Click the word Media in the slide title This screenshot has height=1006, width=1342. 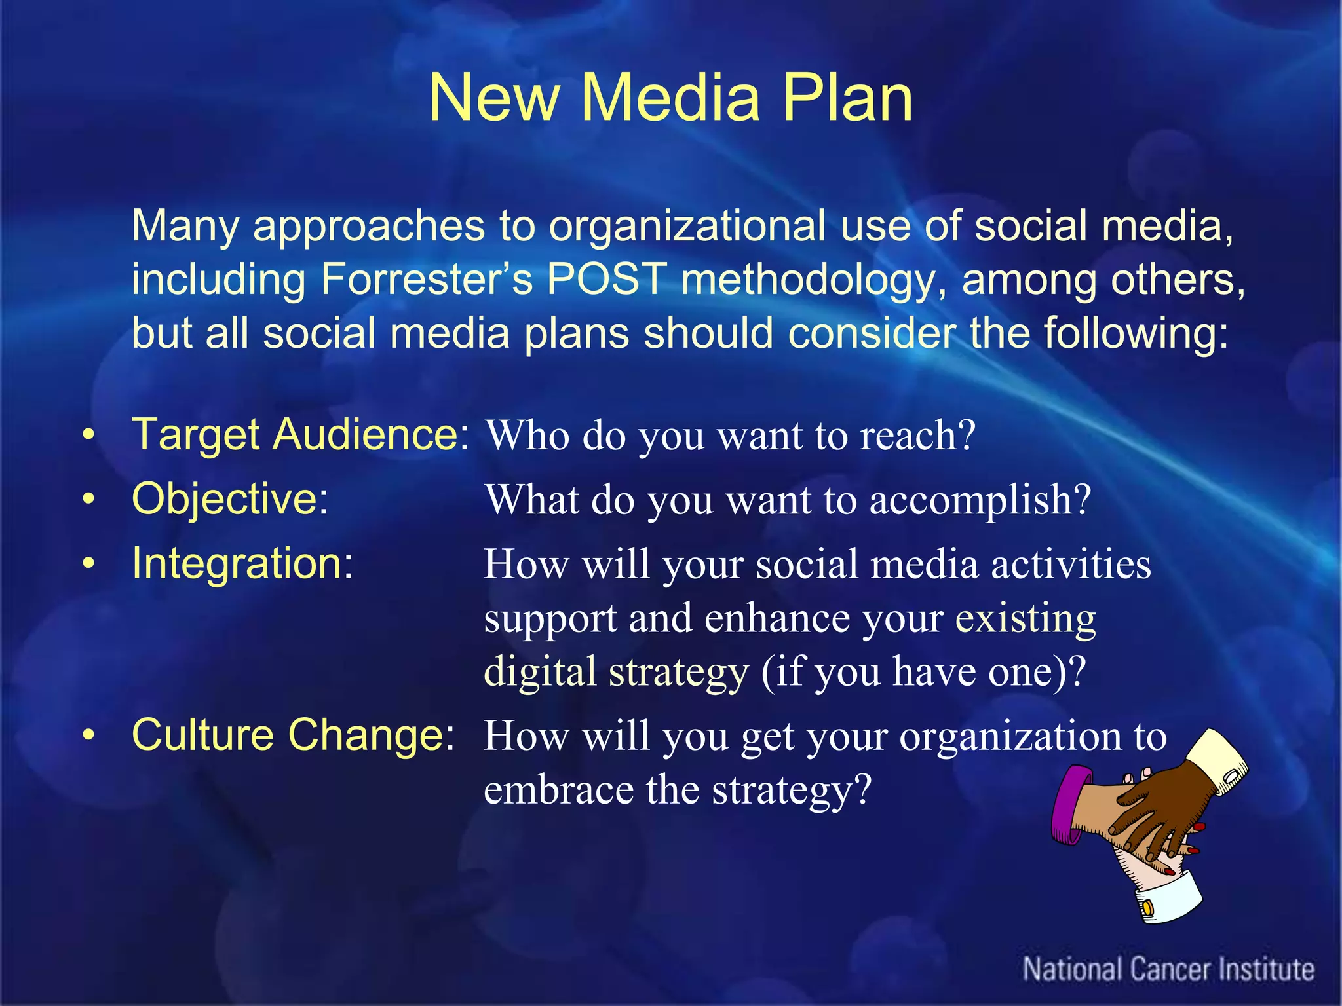tap(670, 98)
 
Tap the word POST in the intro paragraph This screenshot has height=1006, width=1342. tap(607, 280)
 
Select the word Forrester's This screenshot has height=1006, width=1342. tap(426, 280)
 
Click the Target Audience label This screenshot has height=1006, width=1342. tap(300, 435)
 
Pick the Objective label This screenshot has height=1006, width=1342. tap(229, 499)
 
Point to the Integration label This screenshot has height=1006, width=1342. tap(242, 563)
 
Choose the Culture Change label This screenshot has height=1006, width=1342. tap(293, 735)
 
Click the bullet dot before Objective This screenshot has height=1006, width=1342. tap(89, 500)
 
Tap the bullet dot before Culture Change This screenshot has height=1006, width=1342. tap(89, 736)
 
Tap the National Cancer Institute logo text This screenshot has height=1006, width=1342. tap(1168, 969)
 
